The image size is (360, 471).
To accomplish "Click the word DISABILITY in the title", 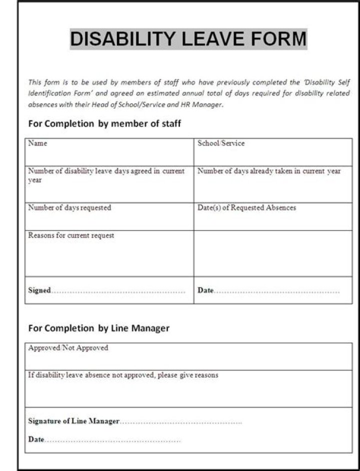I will pos(122,39).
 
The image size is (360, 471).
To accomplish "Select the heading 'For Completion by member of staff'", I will pos(104,123).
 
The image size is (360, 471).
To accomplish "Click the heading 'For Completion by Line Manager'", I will pos(98,328).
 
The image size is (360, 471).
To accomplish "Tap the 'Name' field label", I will pos(37,143).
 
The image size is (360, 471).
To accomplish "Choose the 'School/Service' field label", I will pos(221,143).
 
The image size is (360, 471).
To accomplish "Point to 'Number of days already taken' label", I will pos(269,171).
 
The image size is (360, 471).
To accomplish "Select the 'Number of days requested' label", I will pos(69,207).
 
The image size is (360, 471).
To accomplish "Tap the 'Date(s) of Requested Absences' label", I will pos(246,207).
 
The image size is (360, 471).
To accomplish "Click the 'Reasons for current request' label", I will pos(71,235).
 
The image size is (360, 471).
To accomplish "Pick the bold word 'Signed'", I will pos(39,290).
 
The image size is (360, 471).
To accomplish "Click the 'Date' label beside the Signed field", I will pos(205,290).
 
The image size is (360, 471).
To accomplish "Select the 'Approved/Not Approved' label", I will pos(68,348).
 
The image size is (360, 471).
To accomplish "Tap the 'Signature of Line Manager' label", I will pos(73,421).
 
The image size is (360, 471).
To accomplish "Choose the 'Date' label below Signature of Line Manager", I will pos(36,439).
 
